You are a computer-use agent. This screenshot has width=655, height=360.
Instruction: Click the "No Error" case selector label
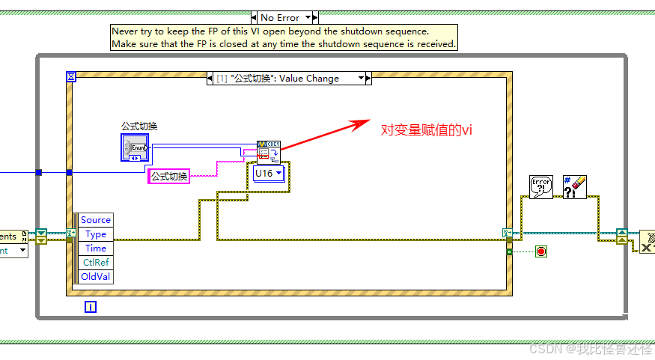click(x=280, y=17)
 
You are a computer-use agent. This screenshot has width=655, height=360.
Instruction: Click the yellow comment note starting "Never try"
click(x=283, y=37)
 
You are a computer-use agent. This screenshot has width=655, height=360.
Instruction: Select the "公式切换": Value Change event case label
click(x=284, y=79)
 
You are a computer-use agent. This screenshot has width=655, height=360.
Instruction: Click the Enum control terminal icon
click(x=135, y=147)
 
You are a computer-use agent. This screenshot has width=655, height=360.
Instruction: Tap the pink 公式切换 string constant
click(x=169, y=177)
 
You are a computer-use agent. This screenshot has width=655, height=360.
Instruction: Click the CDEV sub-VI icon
click(x=267, y=150)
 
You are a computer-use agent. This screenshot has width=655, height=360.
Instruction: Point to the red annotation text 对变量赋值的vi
click(x=427, y=129)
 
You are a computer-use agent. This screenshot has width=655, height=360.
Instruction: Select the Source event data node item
click(x=96, y=220)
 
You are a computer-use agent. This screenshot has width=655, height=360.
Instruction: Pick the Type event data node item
click(x=96, y=234)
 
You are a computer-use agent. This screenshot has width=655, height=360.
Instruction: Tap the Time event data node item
click(x=96, y=248)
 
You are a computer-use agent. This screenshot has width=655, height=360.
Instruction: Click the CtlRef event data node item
click(x=96, y=263)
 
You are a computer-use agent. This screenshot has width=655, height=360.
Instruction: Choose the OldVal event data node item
click(x=96, y=277)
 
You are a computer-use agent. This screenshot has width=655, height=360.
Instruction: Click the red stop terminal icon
click(x=541, y=251)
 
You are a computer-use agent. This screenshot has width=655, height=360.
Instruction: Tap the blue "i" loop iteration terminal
click(x=91, y=307)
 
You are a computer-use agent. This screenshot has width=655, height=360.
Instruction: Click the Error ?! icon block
click(x=540, y=187)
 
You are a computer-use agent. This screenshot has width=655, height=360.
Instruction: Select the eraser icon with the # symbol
click(x=574, y=187)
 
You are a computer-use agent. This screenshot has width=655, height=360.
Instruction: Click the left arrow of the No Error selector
click(x=255, y=17)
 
